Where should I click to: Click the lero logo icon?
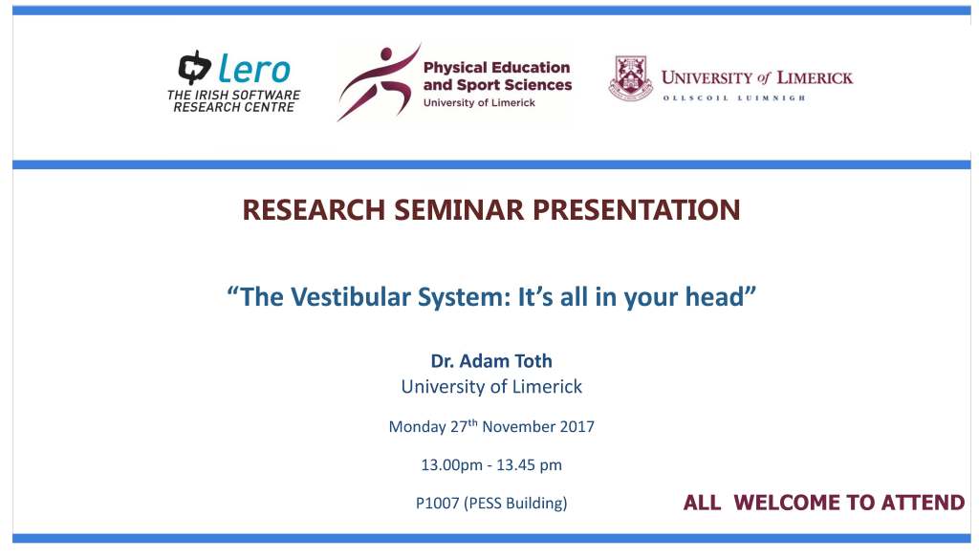tap(194, 67)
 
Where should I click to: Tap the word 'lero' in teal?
tap(254, 68)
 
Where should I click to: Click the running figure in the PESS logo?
tap(379, 82)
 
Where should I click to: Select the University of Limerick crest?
tap(631, 78)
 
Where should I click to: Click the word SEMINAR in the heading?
tap(459, 209)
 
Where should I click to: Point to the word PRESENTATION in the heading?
tap(636, 209)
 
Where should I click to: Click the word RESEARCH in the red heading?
tap(314, 209)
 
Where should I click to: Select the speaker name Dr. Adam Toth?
tap(491, 361)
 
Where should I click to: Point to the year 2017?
tap(577, 427)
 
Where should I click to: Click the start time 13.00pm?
tap(451, 465)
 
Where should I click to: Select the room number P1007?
tap(437, 504)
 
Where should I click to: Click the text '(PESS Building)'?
tap(515, 504)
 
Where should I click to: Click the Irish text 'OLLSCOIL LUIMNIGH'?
tap(734, 98)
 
